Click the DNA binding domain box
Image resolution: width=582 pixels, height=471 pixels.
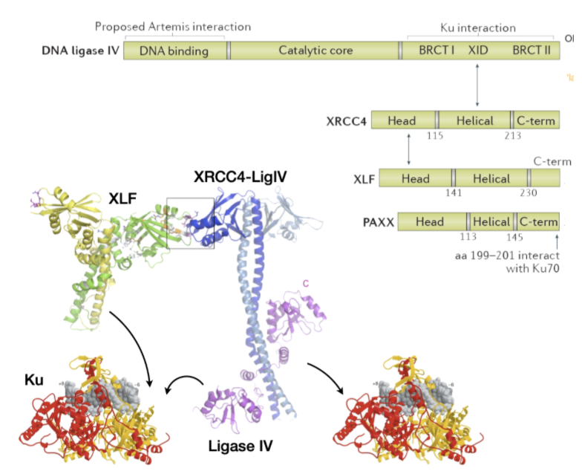pos(176,51)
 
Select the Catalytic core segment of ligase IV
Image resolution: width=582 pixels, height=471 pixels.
pos(315,51)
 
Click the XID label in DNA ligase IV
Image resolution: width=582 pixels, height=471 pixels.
pos(477,51)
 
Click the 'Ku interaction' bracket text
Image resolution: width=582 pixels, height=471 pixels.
pos(478,27)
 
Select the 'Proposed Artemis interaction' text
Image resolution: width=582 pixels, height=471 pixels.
pos(172,27)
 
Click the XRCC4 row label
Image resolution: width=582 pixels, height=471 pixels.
pos(346,120)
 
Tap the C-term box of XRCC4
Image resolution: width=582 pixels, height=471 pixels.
pos(534,120)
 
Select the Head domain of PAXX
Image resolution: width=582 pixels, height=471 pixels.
pos(430,221)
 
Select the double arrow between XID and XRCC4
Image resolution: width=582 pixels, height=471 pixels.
pos(477,85)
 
